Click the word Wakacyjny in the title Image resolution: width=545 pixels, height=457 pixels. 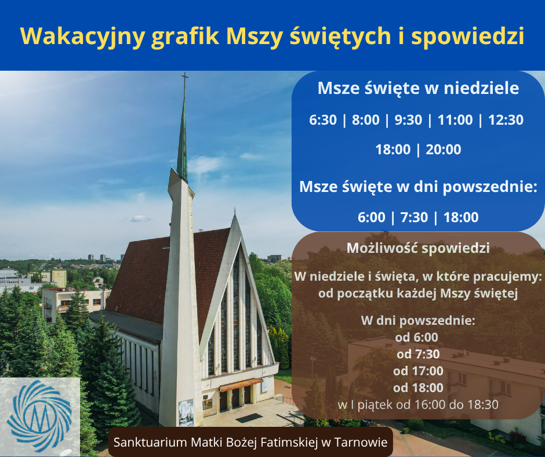(x=82, y=37)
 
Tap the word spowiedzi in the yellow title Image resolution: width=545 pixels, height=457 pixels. (x=467, y=37)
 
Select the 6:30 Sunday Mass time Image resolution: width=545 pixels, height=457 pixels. (x=323, y=120)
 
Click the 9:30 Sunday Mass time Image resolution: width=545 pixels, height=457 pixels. (x=408, y=120)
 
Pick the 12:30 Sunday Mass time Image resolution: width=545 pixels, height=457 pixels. (x=506, y=120)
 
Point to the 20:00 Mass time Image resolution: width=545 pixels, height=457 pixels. (x=444, y=150)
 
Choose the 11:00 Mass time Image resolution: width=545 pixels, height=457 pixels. (x=455, y=120)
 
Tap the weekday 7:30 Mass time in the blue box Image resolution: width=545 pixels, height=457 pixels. (x=414, y=217)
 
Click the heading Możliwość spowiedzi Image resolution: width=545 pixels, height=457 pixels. (x=418, y=248)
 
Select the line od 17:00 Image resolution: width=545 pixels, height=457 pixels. (x=418, y=371)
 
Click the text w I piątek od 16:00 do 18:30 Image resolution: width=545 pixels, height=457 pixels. (x=418, y=404)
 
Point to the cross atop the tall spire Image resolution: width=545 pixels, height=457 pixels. (x=185, y=80)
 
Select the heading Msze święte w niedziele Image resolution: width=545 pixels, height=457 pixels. (x=418, y=88)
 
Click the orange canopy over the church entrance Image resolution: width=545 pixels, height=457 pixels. (x=241, y=385)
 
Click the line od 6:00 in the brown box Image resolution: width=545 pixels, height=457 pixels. (x=417, y=338)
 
